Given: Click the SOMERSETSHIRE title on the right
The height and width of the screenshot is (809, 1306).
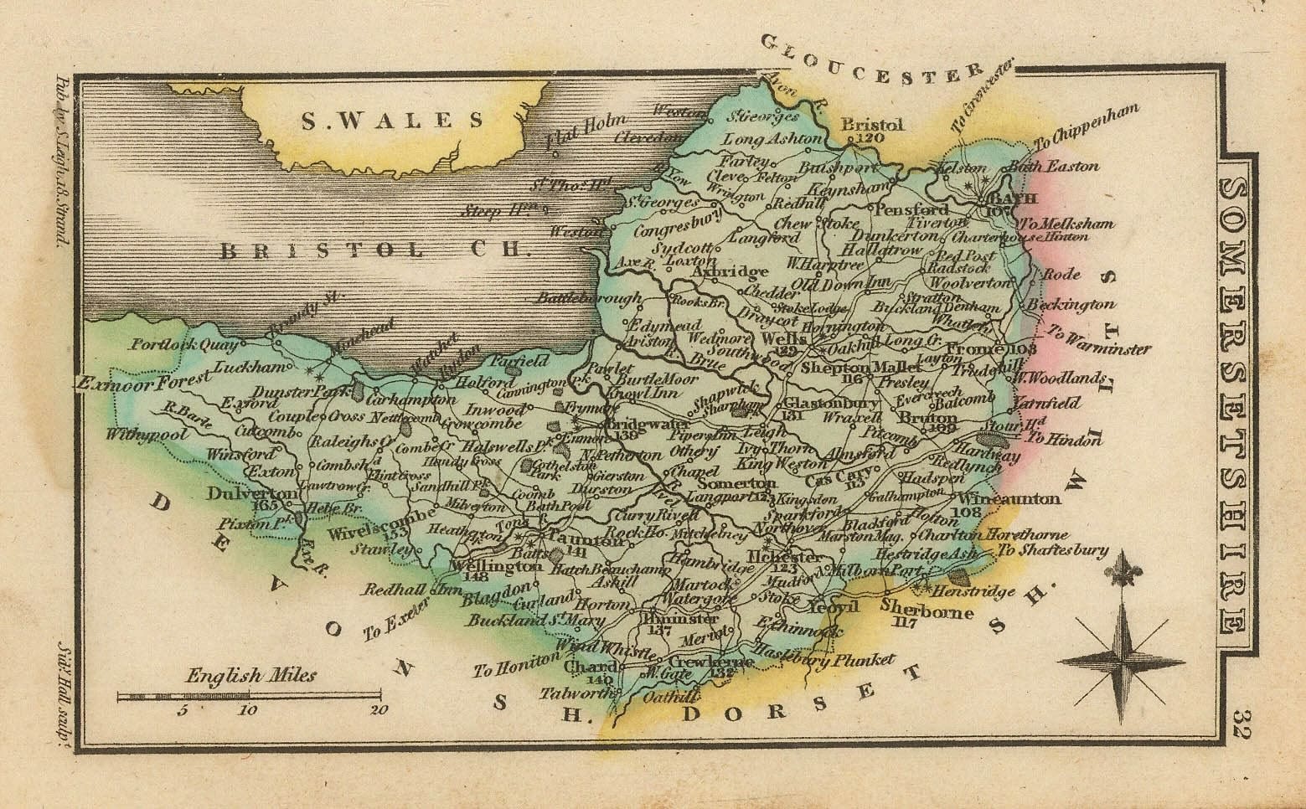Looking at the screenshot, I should (1235, 405).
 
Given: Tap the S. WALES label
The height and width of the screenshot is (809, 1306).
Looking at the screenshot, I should (392, 122).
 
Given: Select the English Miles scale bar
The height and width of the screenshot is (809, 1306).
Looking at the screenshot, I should (250, 695).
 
